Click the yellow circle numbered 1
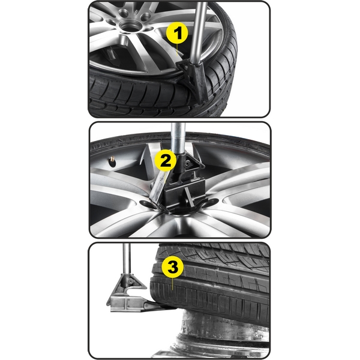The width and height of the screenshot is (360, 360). point(177,33)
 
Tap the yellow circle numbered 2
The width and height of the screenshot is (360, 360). point(166,160)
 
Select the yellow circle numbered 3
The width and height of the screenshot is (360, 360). point(172,267)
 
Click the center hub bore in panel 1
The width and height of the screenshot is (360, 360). point(128,25)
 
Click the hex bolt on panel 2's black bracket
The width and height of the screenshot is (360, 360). point(187,163)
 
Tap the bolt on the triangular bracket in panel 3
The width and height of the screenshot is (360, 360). point(130,281)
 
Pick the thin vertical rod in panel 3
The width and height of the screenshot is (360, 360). point(127,258)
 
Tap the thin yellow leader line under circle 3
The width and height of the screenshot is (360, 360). point(172,284)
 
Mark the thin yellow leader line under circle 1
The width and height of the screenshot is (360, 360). point(177,49)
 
